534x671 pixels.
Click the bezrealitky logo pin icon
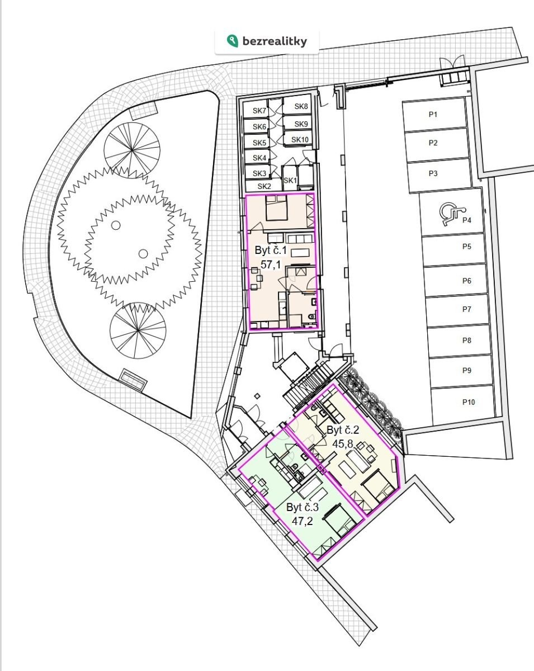point(233,41)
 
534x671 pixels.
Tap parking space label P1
point(433,115)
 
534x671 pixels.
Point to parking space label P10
point(468,402)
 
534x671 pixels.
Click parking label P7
point(467,309)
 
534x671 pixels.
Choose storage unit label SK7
point(259,110)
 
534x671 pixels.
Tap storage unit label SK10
point(300,140)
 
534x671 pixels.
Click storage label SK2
point(264,186)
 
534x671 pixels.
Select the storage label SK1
point(290,180)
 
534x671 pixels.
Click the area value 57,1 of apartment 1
point(271,264)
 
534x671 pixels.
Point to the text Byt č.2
point(343,430)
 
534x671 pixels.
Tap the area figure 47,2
point(302,521)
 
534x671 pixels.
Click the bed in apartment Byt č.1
point(276,207)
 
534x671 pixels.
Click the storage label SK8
point(301,106)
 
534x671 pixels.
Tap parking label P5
point(467,247)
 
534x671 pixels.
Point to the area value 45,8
point(342,443)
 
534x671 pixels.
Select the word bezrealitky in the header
point(275,41)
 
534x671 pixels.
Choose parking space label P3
point(433,173)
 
